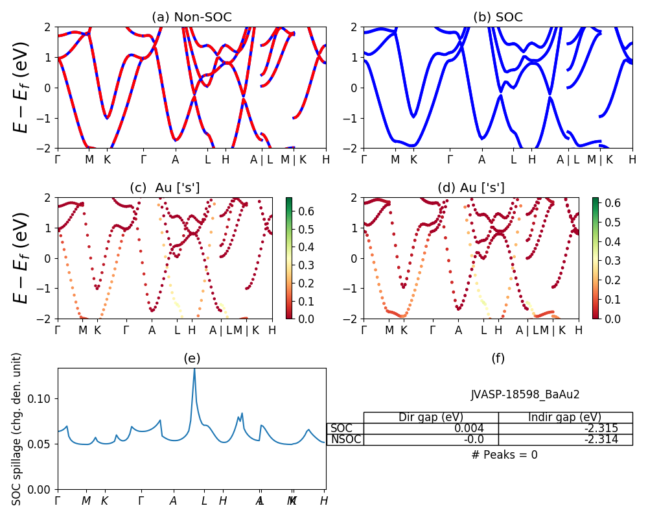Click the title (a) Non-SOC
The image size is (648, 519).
[191, 17]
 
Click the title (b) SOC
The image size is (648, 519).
[498, 17]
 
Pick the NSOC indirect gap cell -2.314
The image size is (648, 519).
[599, 440]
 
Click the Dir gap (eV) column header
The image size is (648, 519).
[431, 417]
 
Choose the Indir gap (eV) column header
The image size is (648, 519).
[565, 417]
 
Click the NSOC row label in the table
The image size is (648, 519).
[345, 440]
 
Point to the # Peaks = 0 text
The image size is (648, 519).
[504, 455]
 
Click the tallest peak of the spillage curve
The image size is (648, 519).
[194, 369]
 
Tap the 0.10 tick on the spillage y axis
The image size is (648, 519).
[43, 398]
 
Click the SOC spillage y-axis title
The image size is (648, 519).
[17, 429]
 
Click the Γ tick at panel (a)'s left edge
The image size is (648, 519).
[58, 159]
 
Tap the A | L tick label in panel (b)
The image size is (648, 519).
[568, 159]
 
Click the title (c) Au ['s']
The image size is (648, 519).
[165, 188]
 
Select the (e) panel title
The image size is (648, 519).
[191, 358]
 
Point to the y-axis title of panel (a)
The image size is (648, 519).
[21, 88]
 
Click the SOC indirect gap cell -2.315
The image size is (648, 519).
[599, 428]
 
